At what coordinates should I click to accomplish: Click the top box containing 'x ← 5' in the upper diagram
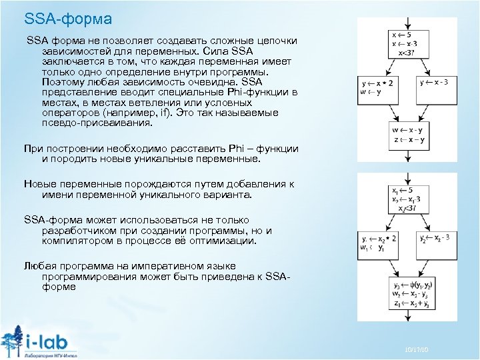(407, 44)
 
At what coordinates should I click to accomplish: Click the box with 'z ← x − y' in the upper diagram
(407, 139)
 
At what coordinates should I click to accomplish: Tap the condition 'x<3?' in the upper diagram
(407, 53)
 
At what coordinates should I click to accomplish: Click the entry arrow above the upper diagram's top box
(407, 23)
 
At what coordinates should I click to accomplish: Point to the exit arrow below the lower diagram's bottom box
(407, 318)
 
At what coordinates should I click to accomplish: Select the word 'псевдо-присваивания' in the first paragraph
(96, 123)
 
